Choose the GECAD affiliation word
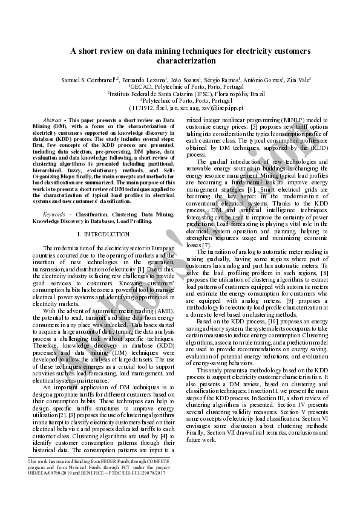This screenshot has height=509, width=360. [142, 86]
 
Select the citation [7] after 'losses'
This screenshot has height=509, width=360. [206, 245]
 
